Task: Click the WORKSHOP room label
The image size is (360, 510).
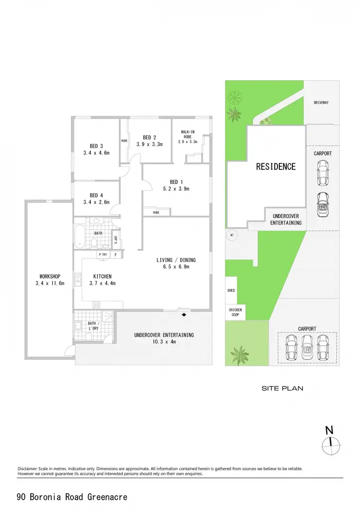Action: [50, 276]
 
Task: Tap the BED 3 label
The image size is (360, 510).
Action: [96, 146]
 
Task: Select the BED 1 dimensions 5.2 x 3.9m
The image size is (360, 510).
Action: [176, 189]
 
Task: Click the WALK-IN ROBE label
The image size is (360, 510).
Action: [188, 134]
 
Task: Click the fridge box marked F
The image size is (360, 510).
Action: [116, 255]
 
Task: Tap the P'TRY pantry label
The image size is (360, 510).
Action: [103, 255]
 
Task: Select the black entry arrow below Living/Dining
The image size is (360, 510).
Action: [184, 315]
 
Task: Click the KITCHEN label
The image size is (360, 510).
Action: [103, 276]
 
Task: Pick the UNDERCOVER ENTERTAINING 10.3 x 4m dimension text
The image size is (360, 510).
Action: [164, 342]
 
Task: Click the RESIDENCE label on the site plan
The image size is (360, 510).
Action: [276, 167]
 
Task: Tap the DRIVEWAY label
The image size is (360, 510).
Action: [321, 103]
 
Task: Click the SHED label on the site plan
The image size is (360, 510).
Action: [231, 290]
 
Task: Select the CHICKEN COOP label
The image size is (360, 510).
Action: [235, 312]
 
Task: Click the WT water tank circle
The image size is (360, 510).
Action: [232, 235]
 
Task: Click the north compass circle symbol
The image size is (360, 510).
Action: [331, 446]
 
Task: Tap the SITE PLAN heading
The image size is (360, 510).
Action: [282, 388]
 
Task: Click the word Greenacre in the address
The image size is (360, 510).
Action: [108, 497]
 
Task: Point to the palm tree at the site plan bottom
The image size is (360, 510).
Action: [239, 355]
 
